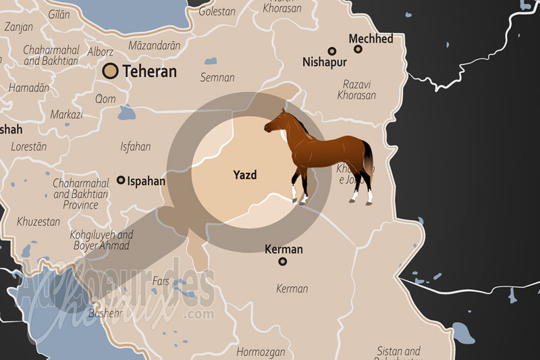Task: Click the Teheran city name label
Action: (x=149, y=71)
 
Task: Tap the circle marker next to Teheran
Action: (x=111, y=70)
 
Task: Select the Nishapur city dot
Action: (x=331, y=51)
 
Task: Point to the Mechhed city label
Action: (x=371, y=38)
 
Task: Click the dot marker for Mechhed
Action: (x=358, y=49)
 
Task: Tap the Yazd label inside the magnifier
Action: (x=245, y=174)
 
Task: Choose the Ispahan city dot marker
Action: (x=121, y=180)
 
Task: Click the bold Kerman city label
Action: (x=283, y=249)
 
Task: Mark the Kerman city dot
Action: (x=283, y=261)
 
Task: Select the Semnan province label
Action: (x=217, y=78)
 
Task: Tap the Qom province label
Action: (x=105, y=99)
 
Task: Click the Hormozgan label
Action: (x=261, y=352)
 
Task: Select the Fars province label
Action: (x=161, y=280)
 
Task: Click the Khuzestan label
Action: (x=39, y=221)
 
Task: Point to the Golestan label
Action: (x=217, y=11)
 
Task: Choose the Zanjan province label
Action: (x=18, y=27)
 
